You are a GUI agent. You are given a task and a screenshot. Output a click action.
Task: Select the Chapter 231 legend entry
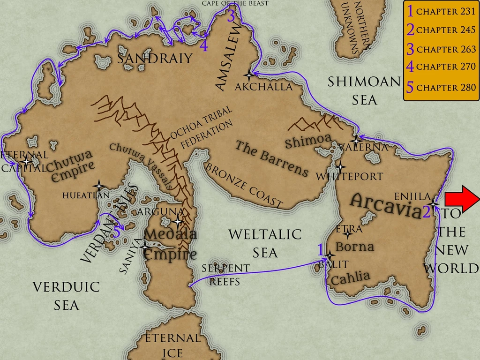point(441,12)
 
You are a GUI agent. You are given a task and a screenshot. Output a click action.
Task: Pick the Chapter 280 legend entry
point(441,87)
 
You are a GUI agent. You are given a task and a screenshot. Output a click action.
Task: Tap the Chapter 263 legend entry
point(441,49)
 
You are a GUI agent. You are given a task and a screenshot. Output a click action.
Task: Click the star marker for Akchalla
point(249,75)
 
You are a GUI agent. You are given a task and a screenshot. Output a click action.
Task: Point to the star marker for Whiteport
point(340,167)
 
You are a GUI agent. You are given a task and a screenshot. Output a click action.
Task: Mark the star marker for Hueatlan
point(98,186)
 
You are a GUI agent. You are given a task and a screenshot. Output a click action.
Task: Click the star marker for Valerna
point(356,140)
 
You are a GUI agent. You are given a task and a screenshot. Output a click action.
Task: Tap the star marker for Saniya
point(144,246)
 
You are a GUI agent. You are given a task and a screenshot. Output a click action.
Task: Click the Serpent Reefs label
point(225,275)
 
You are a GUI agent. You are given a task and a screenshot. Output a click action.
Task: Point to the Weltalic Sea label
point(265,243)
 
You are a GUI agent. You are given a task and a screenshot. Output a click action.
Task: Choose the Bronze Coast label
point(244,186)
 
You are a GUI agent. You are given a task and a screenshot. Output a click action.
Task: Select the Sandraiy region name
point(155,59)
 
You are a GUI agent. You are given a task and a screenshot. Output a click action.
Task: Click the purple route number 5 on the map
point(117,231)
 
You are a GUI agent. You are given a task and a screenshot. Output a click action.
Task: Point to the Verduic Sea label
point(66,296)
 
